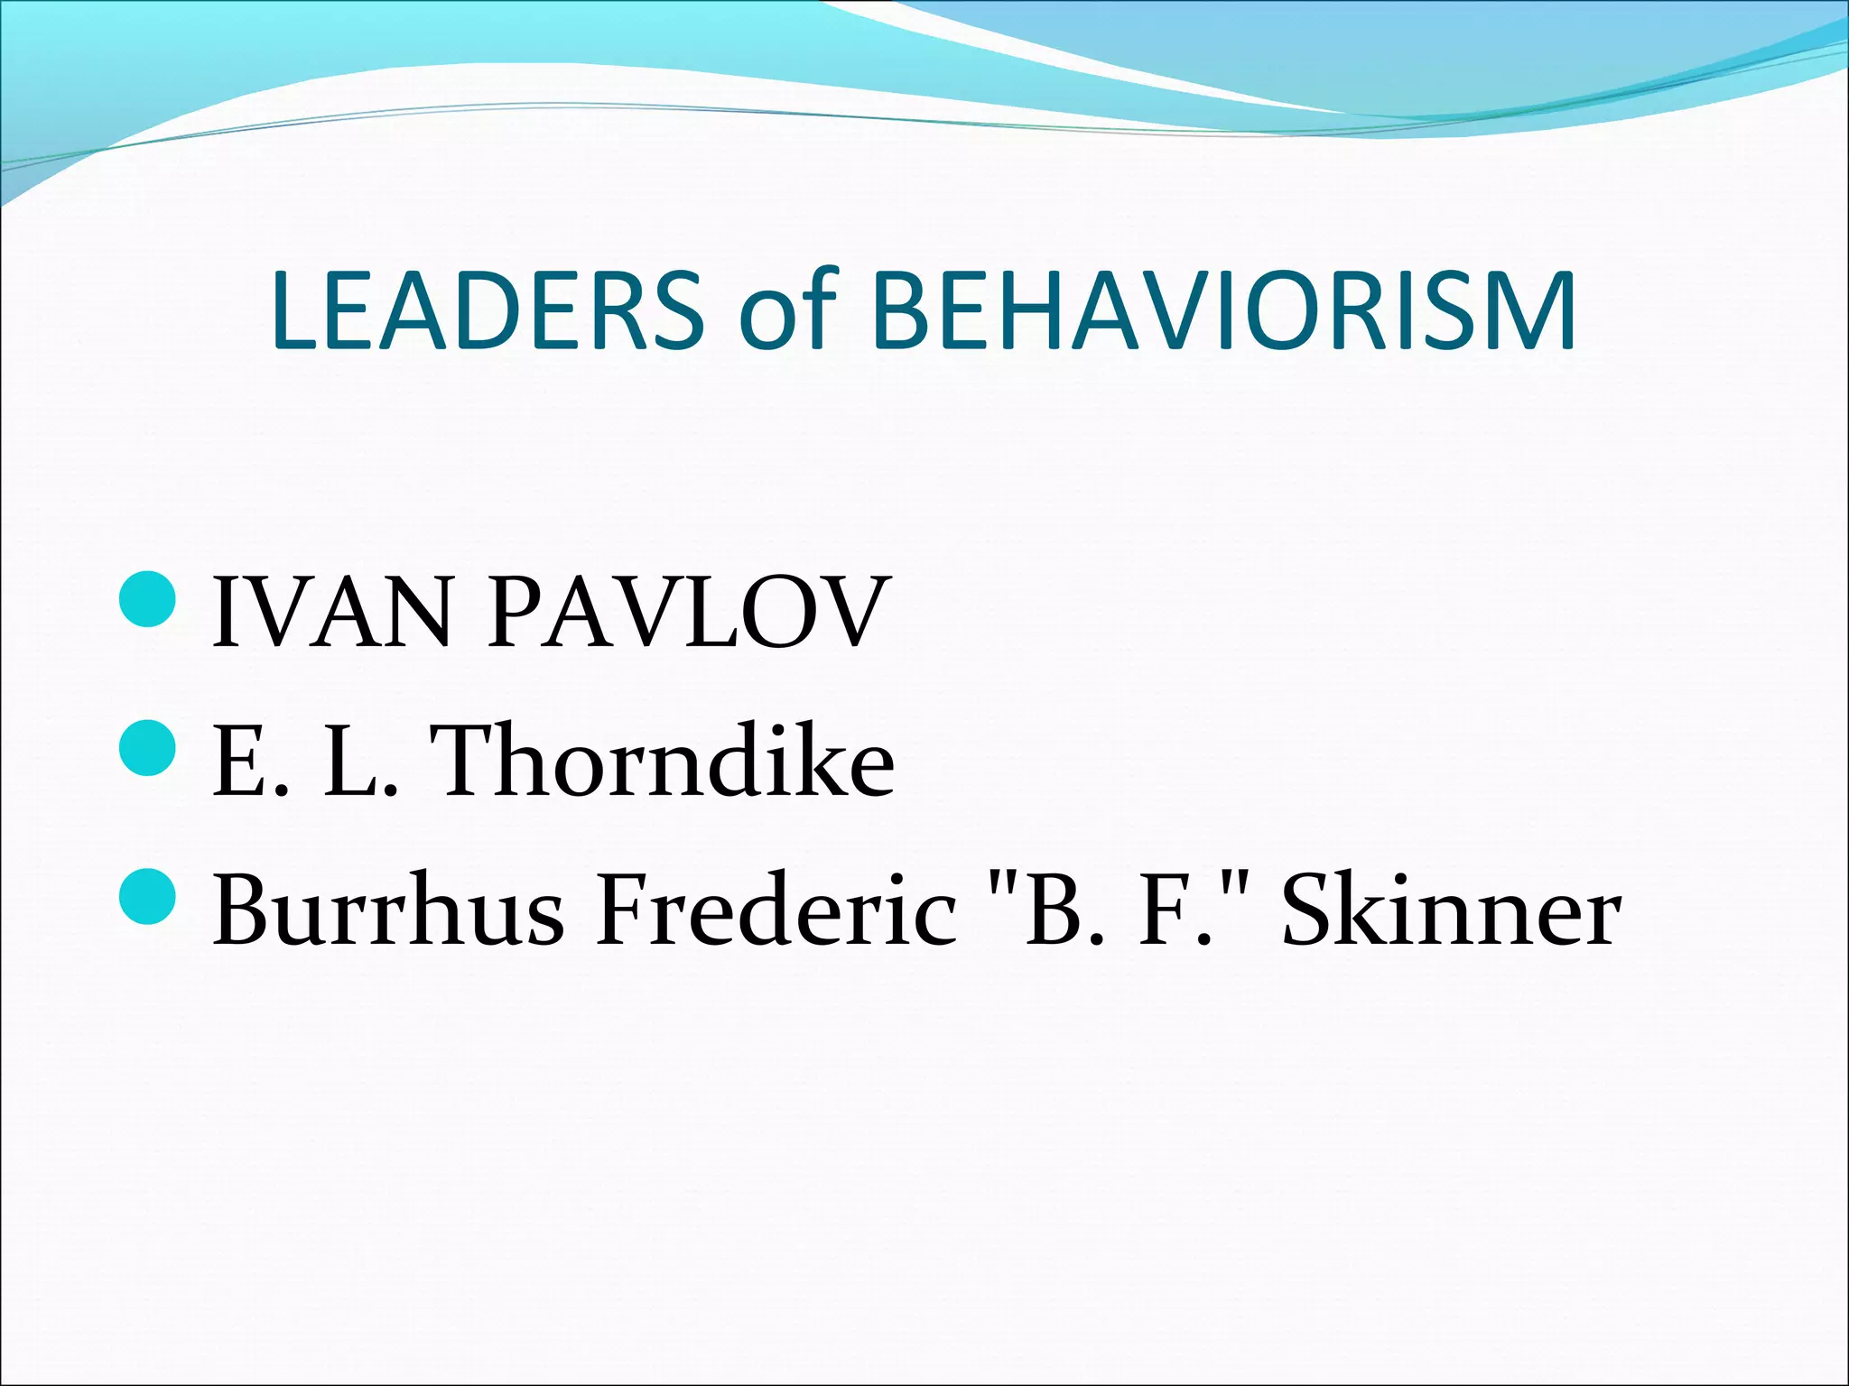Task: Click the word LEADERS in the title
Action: coord(487,310)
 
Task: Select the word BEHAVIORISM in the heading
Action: coord(1223,310)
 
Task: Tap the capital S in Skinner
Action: coord(1310,911)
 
